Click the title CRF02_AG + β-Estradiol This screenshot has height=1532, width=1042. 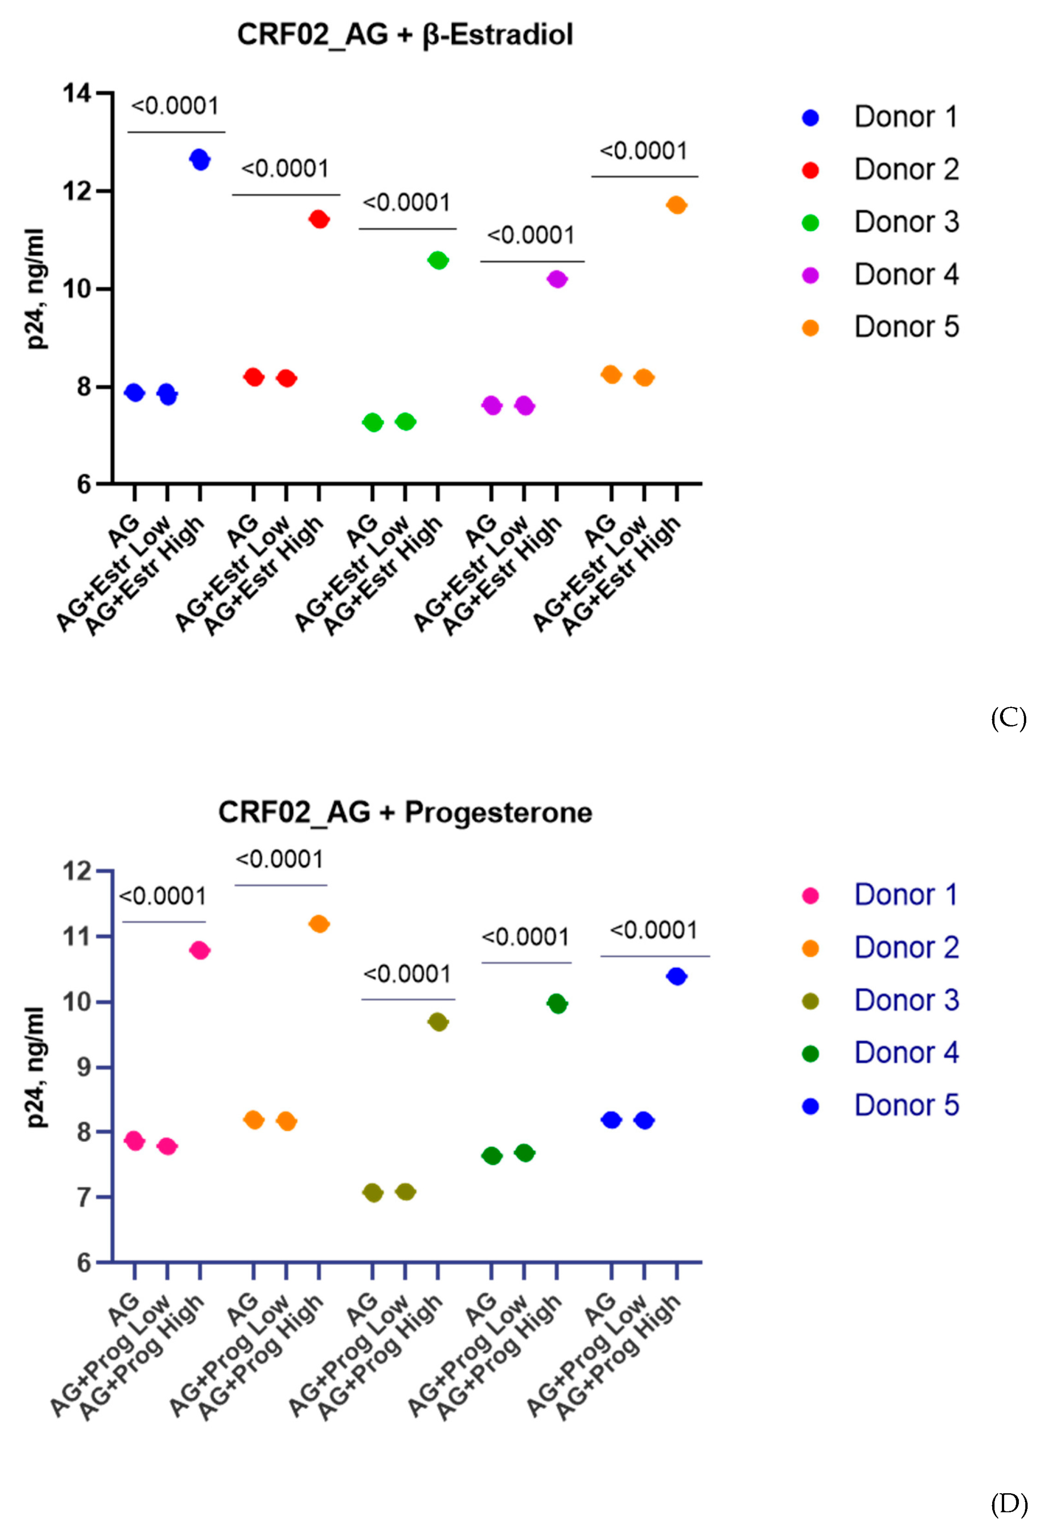pos(405,34)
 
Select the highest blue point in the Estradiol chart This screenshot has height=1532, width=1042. pos(200,159)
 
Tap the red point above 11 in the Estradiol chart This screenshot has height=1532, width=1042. pos(319,219)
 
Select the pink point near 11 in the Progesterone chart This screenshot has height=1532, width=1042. pos(200,950)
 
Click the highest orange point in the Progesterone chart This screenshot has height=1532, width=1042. pos(319,924)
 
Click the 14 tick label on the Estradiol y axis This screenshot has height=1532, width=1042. pos(77,93)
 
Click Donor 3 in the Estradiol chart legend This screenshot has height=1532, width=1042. pos(906,222)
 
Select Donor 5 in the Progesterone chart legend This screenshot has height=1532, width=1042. pos(906,1105)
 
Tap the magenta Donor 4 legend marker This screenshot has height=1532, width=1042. pos(810,276)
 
